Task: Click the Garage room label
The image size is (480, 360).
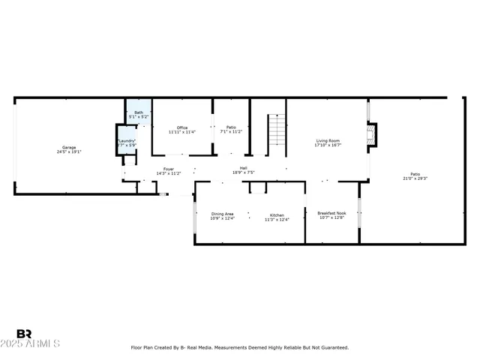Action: (69, 147)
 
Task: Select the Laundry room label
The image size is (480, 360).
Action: (126, 140)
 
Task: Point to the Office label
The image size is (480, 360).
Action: (182, 127)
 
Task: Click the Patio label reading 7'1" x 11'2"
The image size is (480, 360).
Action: (231, 127)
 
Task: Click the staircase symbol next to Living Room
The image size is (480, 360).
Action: (277, 130)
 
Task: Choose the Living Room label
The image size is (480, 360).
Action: (328, 140)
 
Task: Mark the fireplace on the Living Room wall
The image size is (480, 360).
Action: (371, 135)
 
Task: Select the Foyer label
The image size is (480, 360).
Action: (169, 169)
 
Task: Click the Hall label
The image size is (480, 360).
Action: (244, 168)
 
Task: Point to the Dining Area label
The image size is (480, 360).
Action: (222, 214)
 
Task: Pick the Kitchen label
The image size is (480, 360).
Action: (277, 214)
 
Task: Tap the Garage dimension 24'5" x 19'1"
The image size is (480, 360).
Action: (69, 152)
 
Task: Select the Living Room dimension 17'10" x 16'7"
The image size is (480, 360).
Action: (328, 145)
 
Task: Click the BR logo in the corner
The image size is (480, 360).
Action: (24, 334)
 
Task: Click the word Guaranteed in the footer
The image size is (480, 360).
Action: (332, 347)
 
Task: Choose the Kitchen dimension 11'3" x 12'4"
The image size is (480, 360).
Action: (277, 219)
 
